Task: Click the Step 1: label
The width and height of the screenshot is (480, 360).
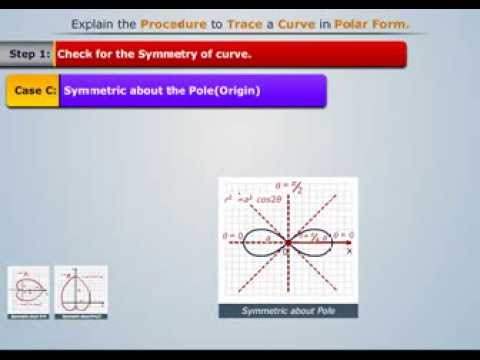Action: click(28, 55)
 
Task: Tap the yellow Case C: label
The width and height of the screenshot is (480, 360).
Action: click(33, 90)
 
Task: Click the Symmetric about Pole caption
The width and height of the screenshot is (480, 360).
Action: click(288, 311)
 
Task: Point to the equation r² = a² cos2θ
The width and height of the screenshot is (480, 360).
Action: click(254, 199)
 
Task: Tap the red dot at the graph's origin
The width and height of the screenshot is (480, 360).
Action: click(288, 242)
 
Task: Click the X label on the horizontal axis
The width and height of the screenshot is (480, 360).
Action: click(349, 252)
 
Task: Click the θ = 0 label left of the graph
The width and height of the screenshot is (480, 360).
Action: click(232, 236)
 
